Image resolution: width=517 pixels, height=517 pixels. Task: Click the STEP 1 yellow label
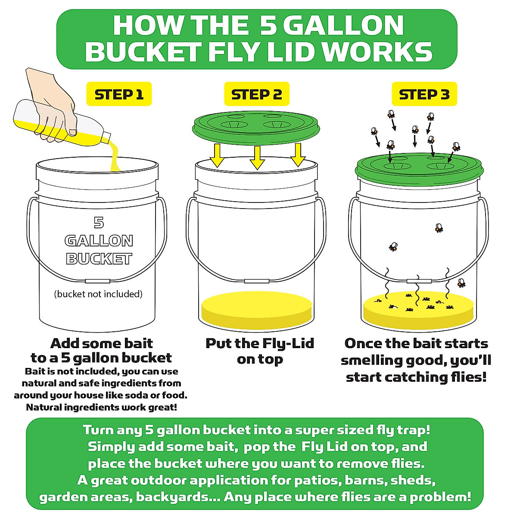click(119, 94)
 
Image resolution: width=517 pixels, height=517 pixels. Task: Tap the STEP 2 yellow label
click(256, 94)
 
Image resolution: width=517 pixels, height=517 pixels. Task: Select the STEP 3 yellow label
click(424, 94)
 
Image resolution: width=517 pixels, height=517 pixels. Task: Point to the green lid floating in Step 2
click(257, 126)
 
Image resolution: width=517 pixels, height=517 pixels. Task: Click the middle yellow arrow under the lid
click(257, 157)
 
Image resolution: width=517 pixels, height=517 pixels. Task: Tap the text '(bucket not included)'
click(98, 294)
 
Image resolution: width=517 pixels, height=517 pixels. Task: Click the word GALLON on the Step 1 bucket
click(99, 240)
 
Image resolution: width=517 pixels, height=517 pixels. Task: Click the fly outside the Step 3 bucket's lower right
click(461, 283)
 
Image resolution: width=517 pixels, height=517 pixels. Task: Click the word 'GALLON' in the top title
click(343, 25)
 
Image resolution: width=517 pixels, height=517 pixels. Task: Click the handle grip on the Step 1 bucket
click(98, 281)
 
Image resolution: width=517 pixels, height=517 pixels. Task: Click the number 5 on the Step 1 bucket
click(99, 222)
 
